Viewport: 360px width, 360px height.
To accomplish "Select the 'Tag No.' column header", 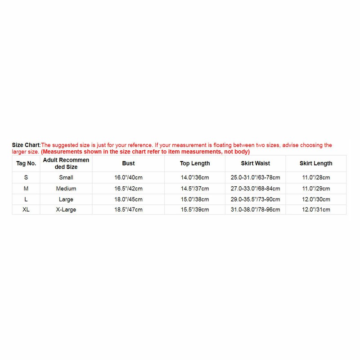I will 26,163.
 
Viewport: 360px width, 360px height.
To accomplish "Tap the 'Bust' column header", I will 128,163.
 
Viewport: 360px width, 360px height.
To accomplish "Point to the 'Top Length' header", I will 195,163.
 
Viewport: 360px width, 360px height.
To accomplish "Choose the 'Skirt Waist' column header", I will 255,163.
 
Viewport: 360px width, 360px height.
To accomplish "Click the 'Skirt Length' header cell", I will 316,163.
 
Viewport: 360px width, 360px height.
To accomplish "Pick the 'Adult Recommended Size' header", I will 66,163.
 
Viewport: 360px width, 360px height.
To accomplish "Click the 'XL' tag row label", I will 26,210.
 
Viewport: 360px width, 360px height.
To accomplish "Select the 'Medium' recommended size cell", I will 66,189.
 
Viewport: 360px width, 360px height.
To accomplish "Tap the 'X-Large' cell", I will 66,210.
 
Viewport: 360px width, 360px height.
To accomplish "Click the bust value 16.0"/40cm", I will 128,178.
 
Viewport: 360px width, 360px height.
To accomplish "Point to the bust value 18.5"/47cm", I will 128,210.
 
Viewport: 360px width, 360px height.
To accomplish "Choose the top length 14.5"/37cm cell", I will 195,189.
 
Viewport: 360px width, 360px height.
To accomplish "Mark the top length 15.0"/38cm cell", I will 195,199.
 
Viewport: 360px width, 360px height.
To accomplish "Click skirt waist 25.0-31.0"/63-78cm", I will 255,178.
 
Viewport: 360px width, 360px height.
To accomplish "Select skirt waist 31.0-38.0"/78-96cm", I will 255,210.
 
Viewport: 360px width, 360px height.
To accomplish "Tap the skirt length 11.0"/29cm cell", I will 316,189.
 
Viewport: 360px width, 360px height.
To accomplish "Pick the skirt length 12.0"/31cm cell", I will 316,210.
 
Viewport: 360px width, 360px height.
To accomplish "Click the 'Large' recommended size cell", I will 66,199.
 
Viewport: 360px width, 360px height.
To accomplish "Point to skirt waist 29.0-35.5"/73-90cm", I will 255,199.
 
